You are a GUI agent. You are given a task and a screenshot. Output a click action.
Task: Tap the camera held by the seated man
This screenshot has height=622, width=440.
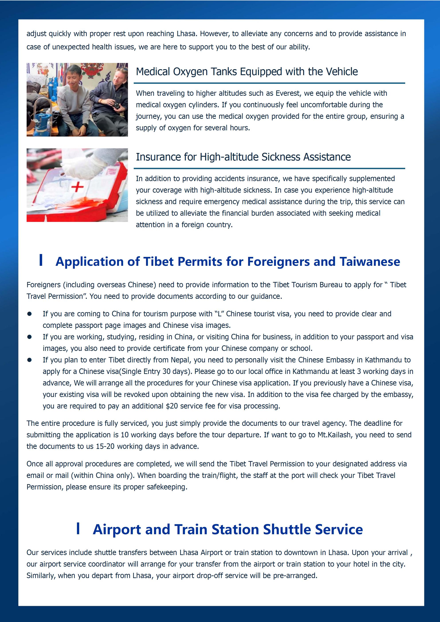pyautogui.click(x=117, y=105)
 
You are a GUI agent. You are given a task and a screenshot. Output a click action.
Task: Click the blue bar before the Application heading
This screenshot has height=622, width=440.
pyautogui.click(x=41, y=260)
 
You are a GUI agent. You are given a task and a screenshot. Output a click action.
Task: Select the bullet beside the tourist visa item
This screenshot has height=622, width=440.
pyautogui.click(x=29, y=314)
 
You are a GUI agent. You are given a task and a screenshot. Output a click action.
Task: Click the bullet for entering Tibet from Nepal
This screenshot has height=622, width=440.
pyautogui.click(x=29, y=360)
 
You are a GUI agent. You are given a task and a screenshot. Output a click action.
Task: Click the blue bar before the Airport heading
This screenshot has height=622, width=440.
pyautogui.click(x=78, y=528)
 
